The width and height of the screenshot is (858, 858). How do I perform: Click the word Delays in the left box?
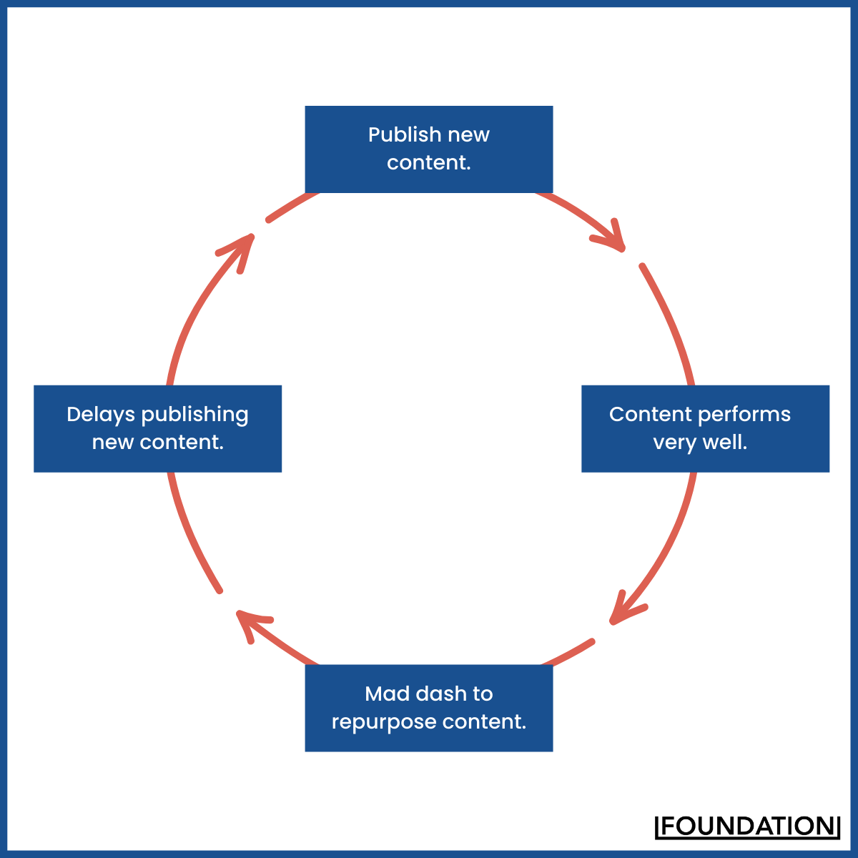tap(101, 415)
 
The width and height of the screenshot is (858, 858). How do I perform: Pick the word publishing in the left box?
tap(194, 415)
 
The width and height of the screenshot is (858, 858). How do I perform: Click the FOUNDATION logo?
tap(747, 826)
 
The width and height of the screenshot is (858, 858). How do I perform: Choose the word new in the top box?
tap(469, 135)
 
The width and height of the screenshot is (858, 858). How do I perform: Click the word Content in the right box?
tap(650, 415)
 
